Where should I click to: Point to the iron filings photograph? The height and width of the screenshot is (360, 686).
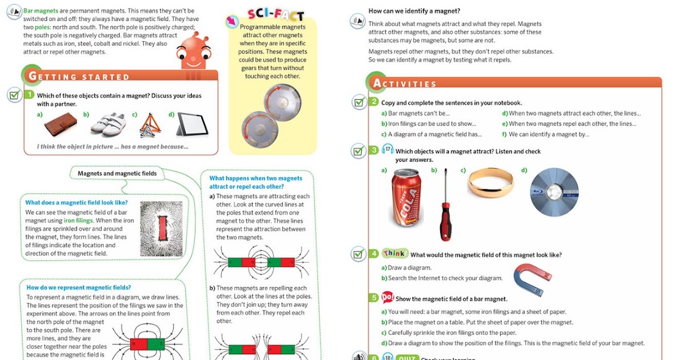161,228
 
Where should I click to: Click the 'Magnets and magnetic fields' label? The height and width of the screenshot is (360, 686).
117,173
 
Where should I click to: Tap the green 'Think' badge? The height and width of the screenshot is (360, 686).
394,254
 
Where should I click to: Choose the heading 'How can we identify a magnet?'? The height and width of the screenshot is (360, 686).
414,11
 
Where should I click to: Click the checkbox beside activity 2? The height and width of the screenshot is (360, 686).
358,103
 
